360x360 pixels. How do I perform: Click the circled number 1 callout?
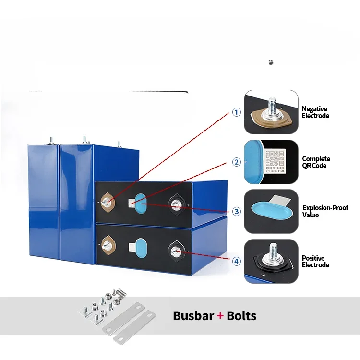236,112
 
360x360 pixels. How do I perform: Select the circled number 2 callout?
236,162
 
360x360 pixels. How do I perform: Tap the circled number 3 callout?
236,211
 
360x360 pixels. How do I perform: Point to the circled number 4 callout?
236,261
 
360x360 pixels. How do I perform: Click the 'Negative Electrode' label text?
315,112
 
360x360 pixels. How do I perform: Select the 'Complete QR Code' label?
316,162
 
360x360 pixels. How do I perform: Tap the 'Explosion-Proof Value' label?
325,211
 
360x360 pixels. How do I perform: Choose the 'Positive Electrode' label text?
315,262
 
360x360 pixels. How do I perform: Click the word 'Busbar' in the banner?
193,316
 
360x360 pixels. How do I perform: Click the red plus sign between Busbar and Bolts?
220,316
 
